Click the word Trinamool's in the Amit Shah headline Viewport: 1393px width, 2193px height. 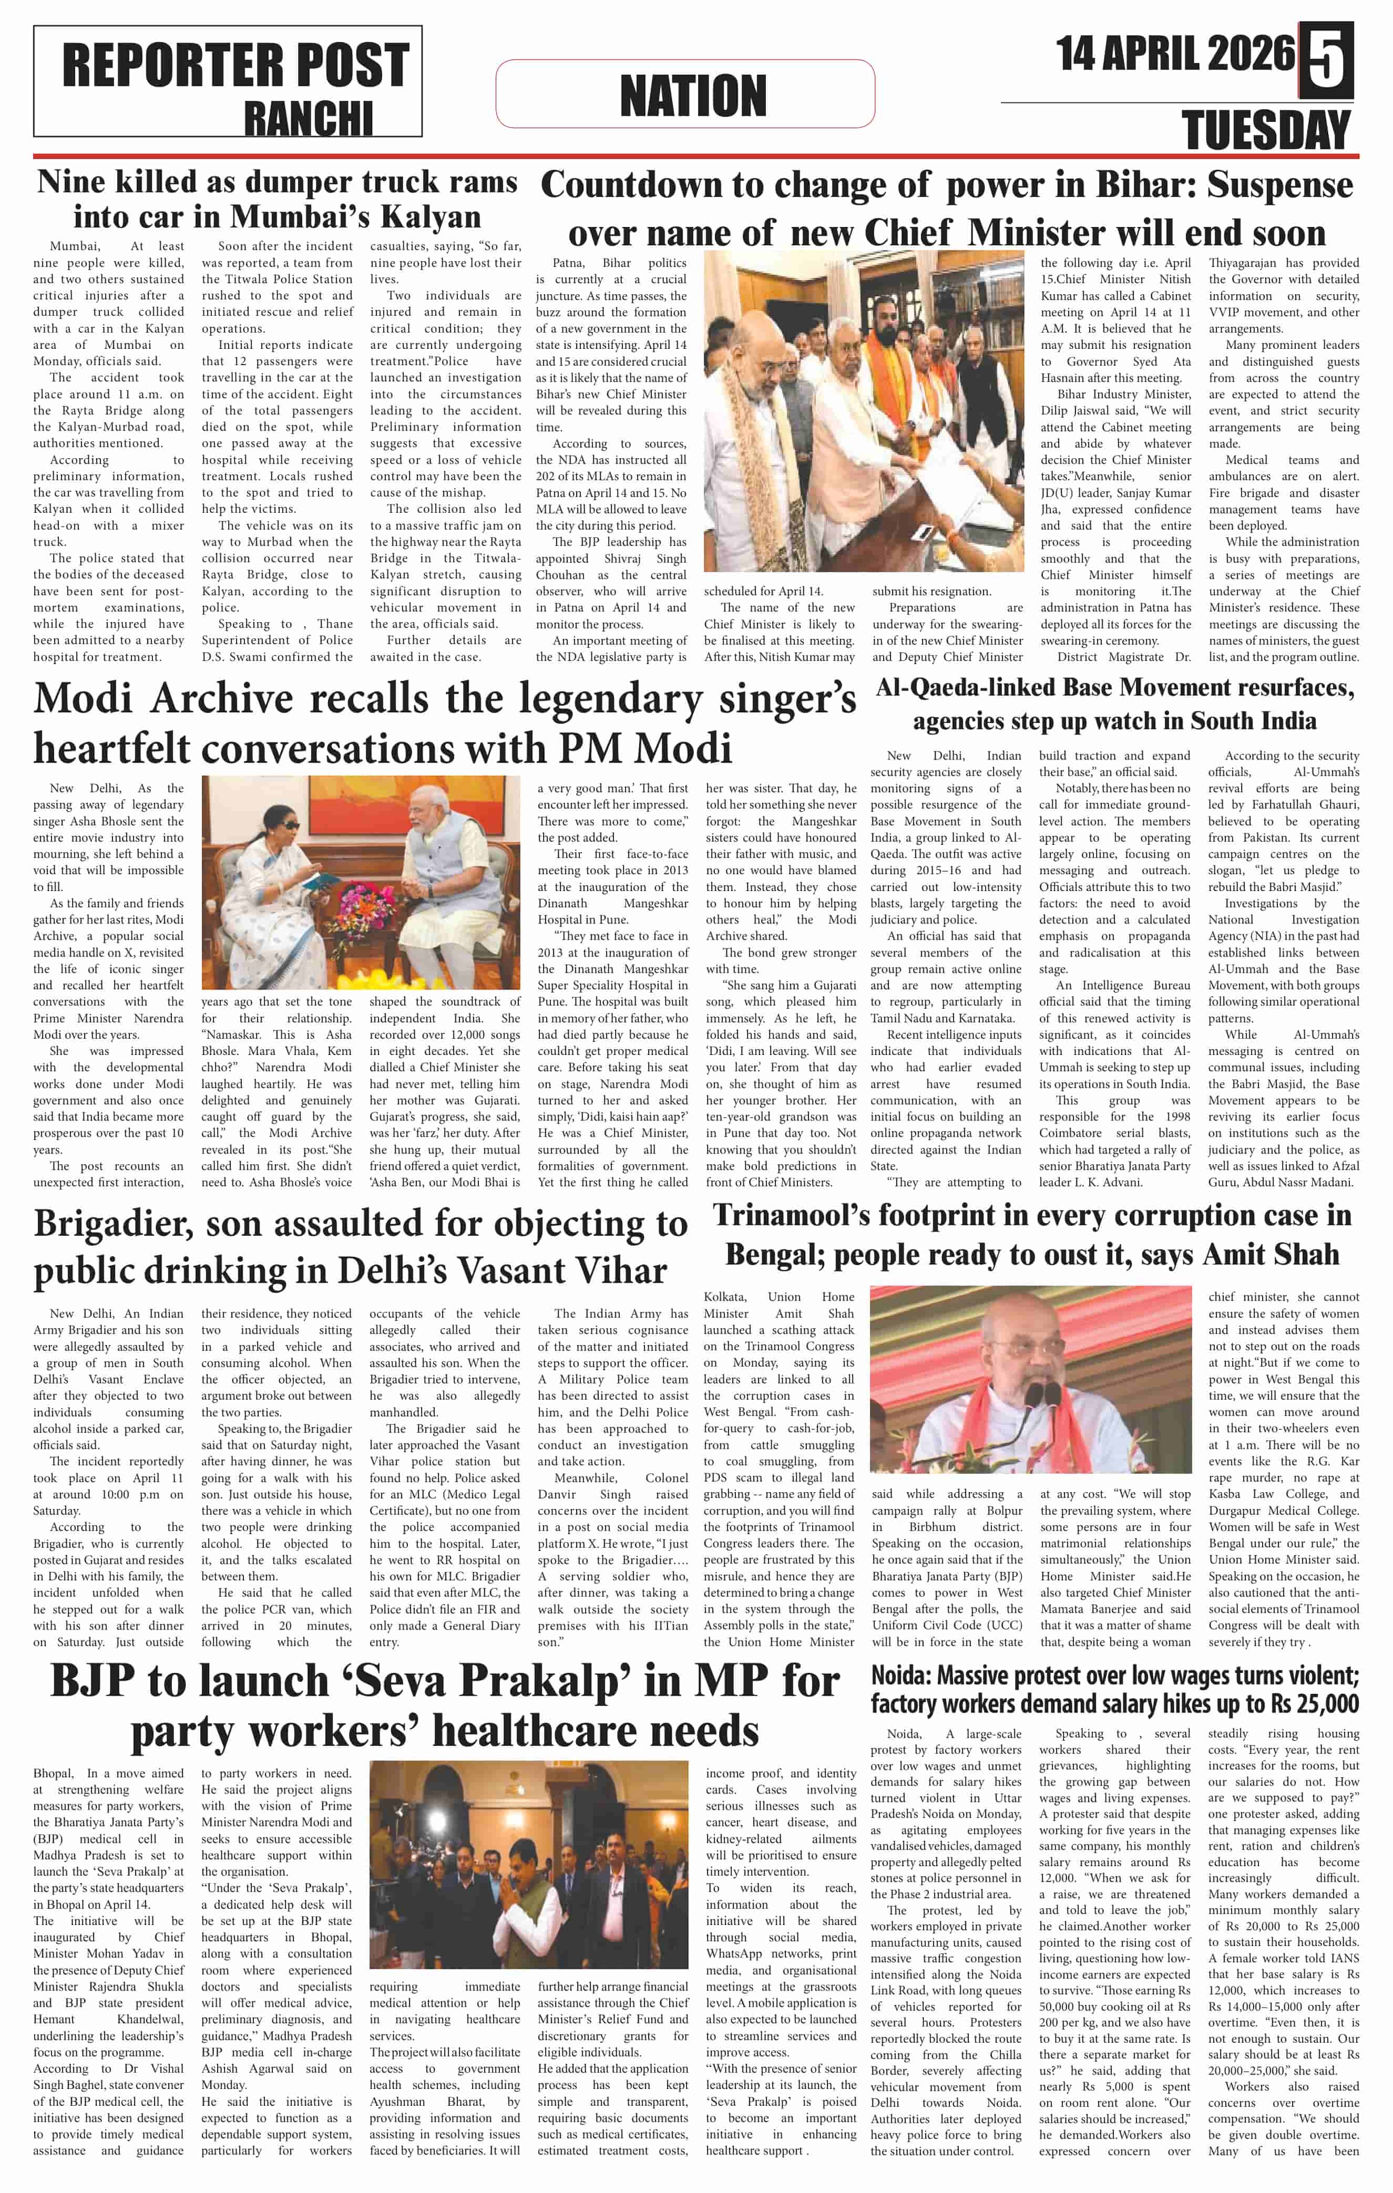[x=790, y=1216]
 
